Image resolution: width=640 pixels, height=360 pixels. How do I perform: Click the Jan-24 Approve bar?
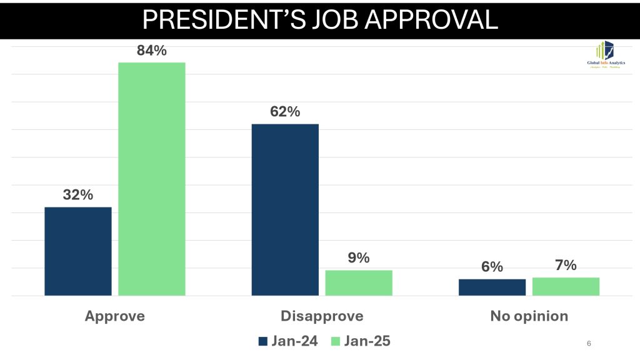point(78,251)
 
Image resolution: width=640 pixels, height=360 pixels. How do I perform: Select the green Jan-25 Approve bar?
point(152,179)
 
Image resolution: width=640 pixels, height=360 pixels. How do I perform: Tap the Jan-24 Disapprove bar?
point(285,209)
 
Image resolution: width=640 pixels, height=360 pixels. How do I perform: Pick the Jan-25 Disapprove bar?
point(359,282)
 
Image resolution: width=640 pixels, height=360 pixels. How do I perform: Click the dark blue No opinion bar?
point(492,287)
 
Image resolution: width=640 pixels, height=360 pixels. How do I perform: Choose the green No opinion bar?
point(566,286)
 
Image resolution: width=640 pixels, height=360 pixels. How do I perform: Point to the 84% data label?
point(152,51)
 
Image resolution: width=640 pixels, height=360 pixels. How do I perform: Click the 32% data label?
point(78,194)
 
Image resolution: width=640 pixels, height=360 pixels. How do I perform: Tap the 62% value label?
point(285,112)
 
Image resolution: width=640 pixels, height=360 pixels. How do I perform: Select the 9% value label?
point(359,257)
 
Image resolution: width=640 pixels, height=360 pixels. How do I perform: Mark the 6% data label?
point(492,267)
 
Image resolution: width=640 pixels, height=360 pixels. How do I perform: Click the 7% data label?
point(566,265)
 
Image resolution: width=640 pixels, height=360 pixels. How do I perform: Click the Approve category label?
point(115,316)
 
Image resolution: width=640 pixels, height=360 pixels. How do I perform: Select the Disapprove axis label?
point(322,316)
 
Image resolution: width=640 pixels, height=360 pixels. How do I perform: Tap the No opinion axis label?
point(529,316)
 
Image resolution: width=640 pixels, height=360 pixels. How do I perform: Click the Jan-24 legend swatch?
point(262,341)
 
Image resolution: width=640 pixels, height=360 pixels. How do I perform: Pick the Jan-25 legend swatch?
point(334,341)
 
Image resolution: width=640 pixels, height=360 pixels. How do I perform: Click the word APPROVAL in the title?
point(431,19)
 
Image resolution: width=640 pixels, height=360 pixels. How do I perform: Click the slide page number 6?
point(589,343)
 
